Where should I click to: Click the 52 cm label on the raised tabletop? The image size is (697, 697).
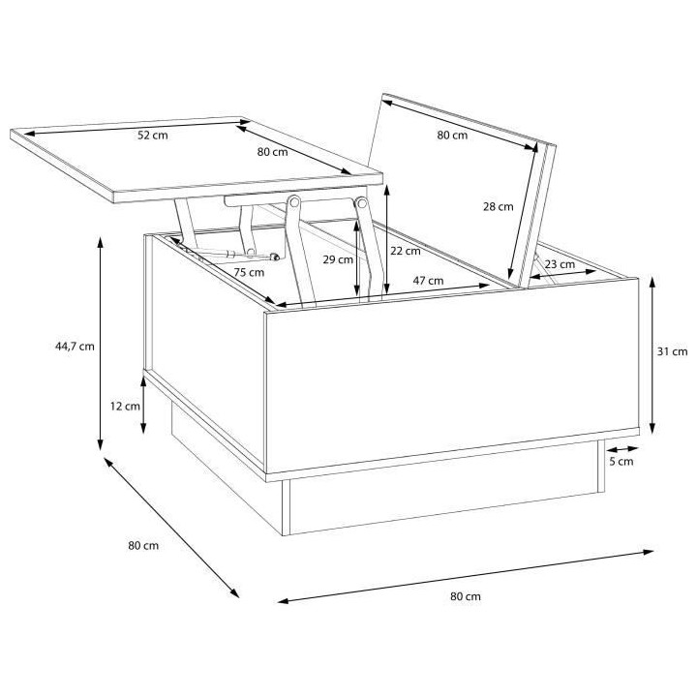152,136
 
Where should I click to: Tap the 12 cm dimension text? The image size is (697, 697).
125,407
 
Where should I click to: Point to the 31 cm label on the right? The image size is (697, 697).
672,352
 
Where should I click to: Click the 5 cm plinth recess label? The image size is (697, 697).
621,462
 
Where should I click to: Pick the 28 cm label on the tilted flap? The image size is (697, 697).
498,206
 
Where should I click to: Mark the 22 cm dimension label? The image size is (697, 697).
407,251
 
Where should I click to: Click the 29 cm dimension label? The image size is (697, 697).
335,260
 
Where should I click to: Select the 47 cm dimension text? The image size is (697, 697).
429,281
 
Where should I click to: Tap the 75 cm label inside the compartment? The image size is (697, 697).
249,273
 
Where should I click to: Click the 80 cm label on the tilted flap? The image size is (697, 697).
452,136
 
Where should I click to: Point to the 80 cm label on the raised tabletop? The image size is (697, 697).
272,152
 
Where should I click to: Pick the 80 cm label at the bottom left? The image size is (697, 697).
142,546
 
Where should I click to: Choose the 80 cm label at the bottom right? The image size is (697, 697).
465,596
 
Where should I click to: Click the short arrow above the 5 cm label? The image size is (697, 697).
621,448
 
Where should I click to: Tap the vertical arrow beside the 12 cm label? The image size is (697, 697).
144,407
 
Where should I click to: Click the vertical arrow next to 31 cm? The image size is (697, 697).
653,353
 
